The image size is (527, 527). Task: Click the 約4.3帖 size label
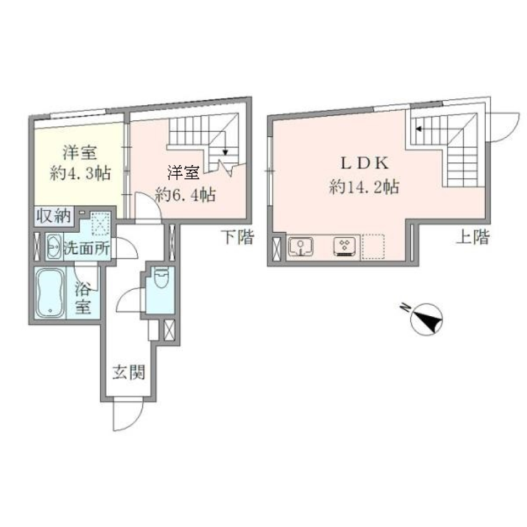point(80,175)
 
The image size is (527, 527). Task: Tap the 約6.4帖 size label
point(184,194)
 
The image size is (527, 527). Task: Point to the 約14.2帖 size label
point(363,188)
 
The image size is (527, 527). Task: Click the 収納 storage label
point(54,216)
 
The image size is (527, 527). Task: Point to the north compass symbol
point(427,318)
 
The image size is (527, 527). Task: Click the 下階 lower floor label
point(238,237)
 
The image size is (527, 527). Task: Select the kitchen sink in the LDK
point(300,246)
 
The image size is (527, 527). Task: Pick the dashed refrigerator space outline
point(373,246)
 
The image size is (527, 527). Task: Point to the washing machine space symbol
point(101,224)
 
